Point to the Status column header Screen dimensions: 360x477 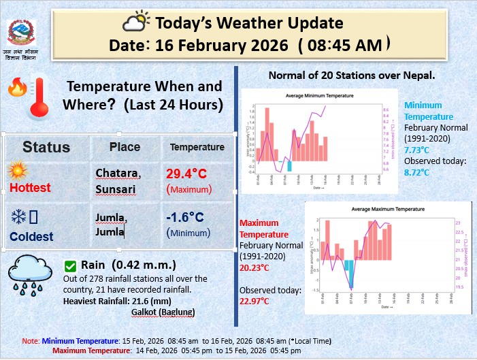pyautogui.click(x=46, y=147)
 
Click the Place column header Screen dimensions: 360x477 pyautogui.click(x=125, y=147)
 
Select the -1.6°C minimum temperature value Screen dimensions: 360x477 pyautogui.click(x=185, y=217)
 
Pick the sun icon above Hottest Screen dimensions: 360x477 pyautogui.click(x=17, y=170)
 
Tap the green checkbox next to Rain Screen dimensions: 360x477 pyautogui.click(x=69, y=265)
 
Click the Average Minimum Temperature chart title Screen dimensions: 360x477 pyautogui.click(x=319, y=97)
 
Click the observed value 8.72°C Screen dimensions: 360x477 pyautogui.click(x=417, y=173)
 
